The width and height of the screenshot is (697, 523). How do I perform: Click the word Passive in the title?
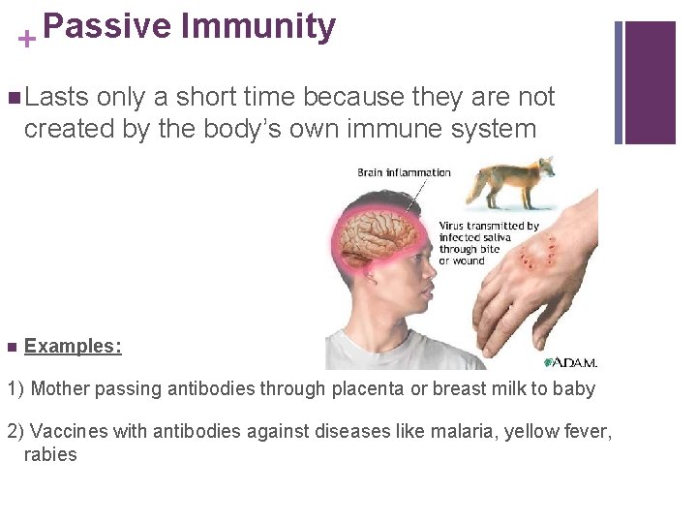pyautogui.click(x=106, y=26)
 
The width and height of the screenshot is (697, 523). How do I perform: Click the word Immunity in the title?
pyautogui.click(x=258, y=26)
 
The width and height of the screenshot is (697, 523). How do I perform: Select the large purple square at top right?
pyautogui.click(x=651, y=82)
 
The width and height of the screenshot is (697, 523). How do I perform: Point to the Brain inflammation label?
pyautogui.click(x=404, y=172)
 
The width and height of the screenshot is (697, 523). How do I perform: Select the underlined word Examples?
pyautogui.click(x=73, y=346)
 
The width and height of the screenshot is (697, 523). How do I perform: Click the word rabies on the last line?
pyautogui.click(x=50, y=453)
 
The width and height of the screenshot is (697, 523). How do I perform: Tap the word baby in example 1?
pyautogui.click(x=575, y=388)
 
